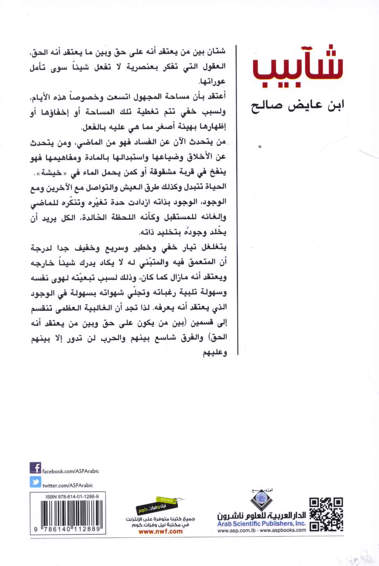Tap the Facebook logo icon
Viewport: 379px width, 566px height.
(x=35, y=468)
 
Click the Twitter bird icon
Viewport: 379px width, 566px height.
(x=35, y=482)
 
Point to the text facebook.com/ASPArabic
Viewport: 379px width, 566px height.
(x=70, y=471)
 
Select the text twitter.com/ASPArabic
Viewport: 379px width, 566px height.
(x=68, y=485)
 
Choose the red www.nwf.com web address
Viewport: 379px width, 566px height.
(x=161, y=531)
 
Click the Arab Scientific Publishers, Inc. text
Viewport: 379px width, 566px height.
(x=261, y=524)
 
